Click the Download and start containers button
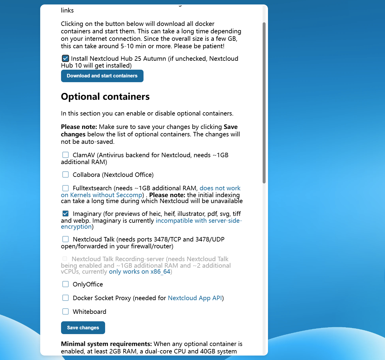point(102,76)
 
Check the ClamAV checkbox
point(66,155)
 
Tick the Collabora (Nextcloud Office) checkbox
point(66,174)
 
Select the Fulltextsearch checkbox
point(66,188)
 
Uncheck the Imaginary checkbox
point(66,213)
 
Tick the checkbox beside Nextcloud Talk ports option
point(66,239)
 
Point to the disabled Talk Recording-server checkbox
point(65,259)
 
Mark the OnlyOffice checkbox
point(66,284)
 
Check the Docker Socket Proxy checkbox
point(66,298)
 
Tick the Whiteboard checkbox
point(66,311)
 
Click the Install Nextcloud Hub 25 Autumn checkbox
point(66,58)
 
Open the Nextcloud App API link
point(195,298)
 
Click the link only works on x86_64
point(139,272)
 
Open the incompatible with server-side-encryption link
point(199,221)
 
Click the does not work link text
point(220,188)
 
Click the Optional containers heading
point(105,97)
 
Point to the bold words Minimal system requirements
point(106,344)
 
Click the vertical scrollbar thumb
point(264,103)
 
